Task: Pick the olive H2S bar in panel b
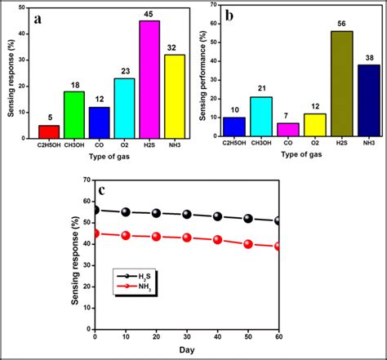(x=340, y=89)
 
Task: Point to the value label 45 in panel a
(x=149, y=13)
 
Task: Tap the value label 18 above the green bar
(x=74, y=83)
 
